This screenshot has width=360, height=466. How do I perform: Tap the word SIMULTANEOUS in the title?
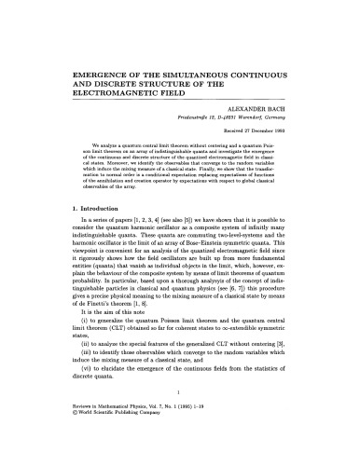tap(195, 70)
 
